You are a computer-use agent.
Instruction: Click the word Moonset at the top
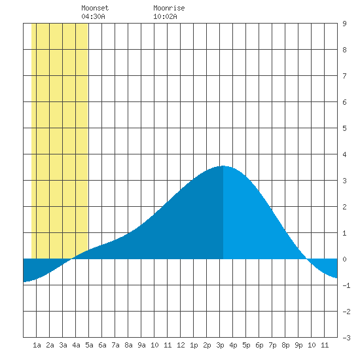(x=95, y=8)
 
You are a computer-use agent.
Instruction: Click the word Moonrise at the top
(x=169, y=8)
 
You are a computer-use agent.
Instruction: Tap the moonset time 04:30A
(x=93, y=16)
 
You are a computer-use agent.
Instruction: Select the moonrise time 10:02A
(x=165, y=16)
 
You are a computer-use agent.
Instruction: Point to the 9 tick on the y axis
(x=344, y=24)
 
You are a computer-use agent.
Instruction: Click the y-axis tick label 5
(x=344, y=128)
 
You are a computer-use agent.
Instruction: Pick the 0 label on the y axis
(x=344, y=259)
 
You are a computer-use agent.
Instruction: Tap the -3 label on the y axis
(x=346, y=338)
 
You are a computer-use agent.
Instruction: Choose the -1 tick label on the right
(x=346, y=285)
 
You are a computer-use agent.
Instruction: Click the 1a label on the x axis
(x=37, y=345)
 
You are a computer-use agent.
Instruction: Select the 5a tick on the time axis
(x=89, y=345)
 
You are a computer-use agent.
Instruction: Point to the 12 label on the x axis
(x=181, y=345)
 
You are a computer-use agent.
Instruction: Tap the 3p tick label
(x=220, y=345)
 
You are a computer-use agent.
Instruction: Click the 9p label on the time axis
(x=298, y=345)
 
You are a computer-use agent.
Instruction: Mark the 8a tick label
(x=128, y=345)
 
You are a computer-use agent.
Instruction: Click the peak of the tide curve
(x=223, y=166)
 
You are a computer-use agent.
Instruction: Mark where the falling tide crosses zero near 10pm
(x=307, y=259)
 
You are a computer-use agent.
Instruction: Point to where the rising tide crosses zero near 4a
(x=71, y=259)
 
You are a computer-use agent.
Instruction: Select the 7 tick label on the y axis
(x=344, y=76)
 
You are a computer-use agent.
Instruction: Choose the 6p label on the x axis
(x=259, y=345)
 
